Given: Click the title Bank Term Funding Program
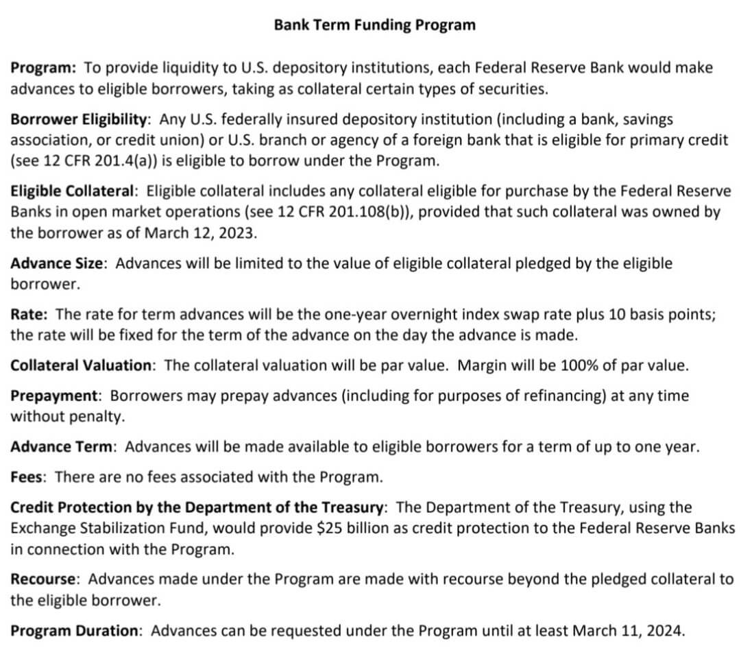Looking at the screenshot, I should pyautogui.click(x=374, y=25).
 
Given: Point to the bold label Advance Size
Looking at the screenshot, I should pyautogui.click(x=57, y=263).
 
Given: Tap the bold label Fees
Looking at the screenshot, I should pyautogui.click(x=27, y=477).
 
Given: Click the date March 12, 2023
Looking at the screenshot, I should pyautogui.click(x=199, y=232).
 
